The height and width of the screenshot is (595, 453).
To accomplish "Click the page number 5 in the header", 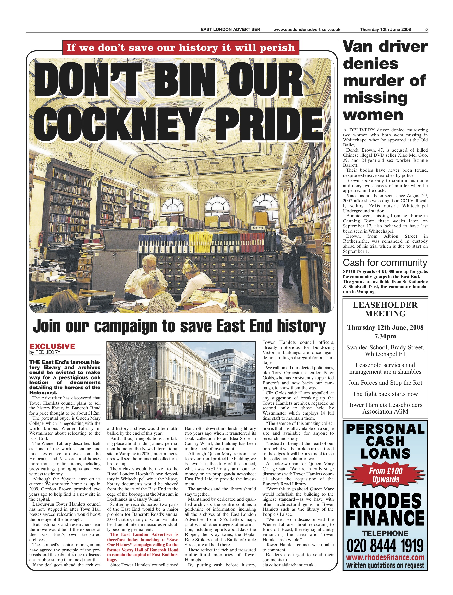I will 427,30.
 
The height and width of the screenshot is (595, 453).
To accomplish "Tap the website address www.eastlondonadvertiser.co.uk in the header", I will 307,30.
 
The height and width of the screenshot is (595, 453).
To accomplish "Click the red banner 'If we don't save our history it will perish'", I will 181,48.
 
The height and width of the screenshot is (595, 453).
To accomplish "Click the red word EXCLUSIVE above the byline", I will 52,346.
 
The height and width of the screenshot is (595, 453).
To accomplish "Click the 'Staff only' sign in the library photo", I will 258,228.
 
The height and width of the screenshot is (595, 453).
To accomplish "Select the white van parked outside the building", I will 234,408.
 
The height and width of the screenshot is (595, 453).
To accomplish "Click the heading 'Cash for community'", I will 385,263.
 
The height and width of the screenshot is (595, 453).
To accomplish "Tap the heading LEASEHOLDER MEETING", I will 385,309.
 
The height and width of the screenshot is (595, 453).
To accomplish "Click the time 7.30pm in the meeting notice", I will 385,336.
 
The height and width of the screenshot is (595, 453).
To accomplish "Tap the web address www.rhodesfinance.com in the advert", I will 385,558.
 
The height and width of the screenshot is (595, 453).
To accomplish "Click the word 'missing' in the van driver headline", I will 375,98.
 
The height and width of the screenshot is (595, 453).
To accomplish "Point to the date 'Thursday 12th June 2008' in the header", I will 385,30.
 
